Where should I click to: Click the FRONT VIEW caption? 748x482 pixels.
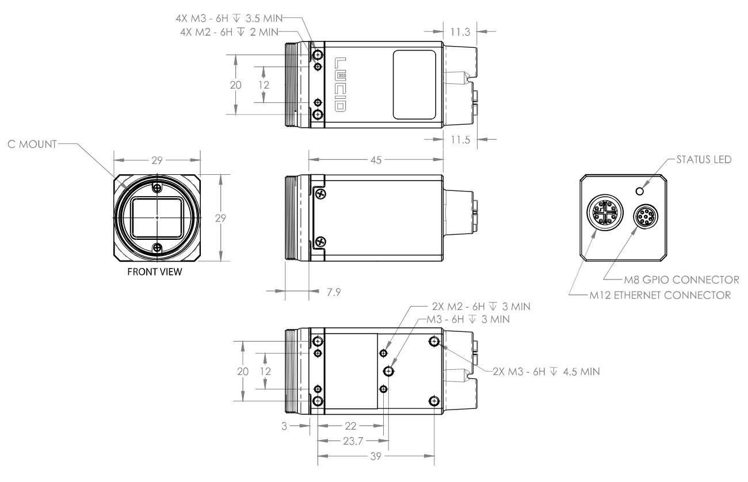coord(155,271)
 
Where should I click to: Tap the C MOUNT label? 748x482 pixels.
coord(32,144)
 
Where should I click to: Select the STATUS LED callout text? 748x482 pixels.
coord(704,159)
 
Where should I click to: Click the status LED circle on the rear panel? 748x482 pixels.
coord(640,192)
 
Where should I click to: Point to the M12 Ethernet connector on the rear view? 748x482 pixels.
coord(605,212)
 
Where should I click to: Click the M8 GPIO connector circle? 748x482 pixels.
coord(646,217)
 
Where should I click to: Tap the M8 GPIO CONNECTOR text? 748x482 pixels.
coord(682,280)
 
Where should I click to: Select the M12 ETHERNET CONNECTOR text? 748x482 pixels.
coord(660,295)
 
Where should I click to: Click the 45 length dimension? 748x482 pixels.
coord(376,160)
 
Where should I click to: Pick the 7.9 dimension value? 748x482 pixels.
coord(334,292)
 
